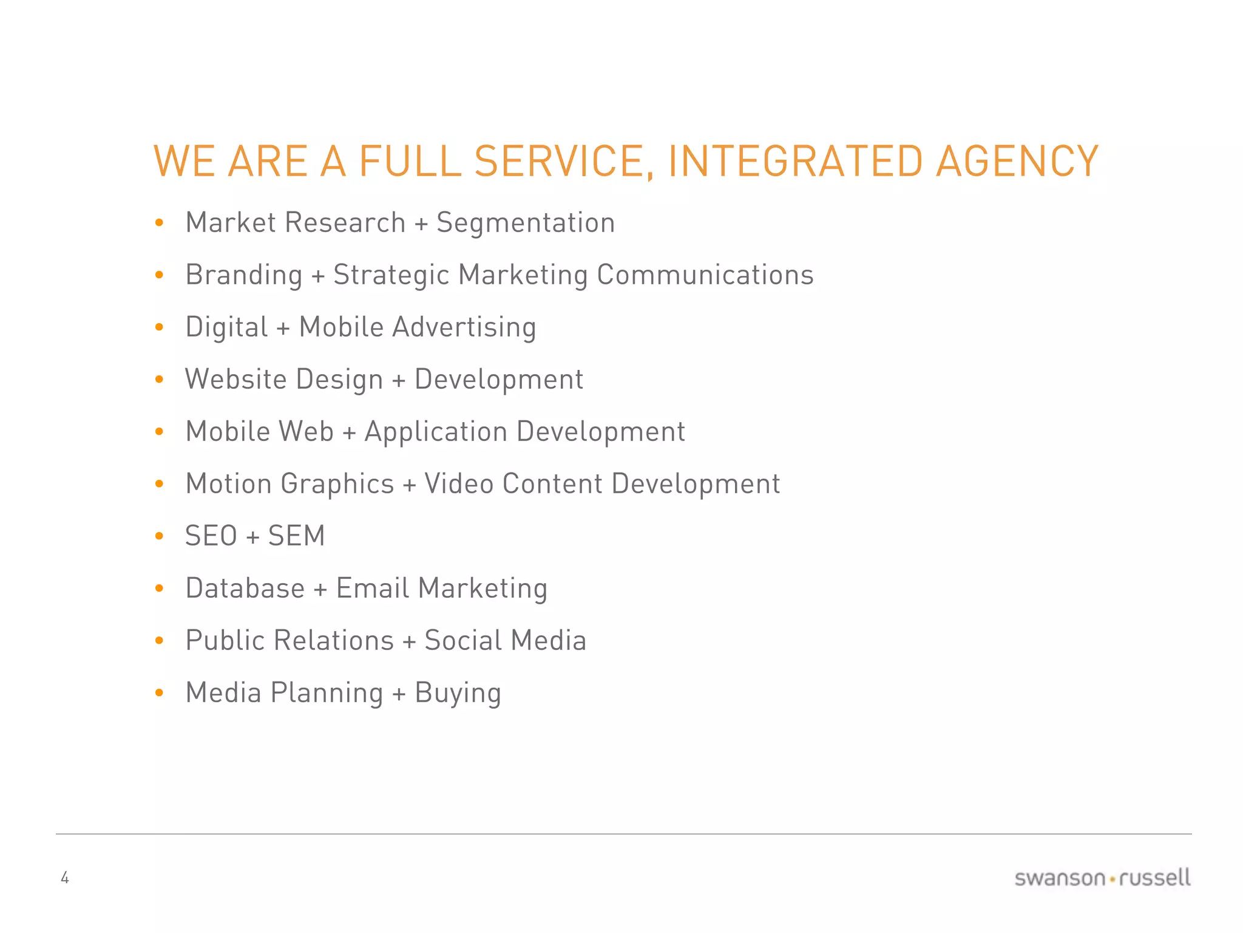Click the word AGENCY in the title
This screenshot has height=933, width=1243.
pyautogui.click(x=1017, y=162)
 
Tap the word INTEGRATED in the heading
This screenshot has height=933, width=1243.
pyautogui.click(x=795, y=162)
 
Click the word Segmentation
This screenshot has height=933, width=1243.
pyautogui.click(x=526, y=223)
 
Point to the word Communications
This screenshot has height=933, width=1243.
pyautogui.click(x=705, y=275)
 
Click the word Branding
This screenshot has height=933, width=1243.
pyautogui.click(x=244, y=275)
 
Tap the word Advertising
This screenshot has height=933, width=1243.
pyautogui.click(x=464, y=327)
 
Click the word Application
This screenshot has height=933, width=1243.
pyautogui.click(x=436, y=432)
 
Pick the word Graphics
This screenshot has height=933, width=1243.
pyautogui.click(x=337, y=484)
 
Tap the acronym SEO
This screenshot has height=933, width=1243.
pyautogui.click(x=211, y=536)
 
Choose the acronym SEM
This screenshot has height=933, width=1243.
pyautogui.click(x=296, y=536)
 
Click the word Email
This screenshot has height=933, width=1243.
pyautogui.click(x=373, y=589)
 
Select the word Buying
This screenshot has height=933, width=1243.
pyautogui.click(x=458, y=693)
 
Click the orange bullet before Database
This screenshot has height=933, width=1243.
pyautogui.click(x=160, y=589)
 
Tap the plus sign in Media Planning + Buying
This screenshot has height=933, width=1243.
pyautogui.click(x=399, y=694)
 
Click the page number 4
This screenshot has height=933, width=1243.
pyautogui.click(x=65, y=878)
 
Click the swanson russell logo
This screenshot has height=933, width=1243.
pyautogui.click(x=1102, y=878)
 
